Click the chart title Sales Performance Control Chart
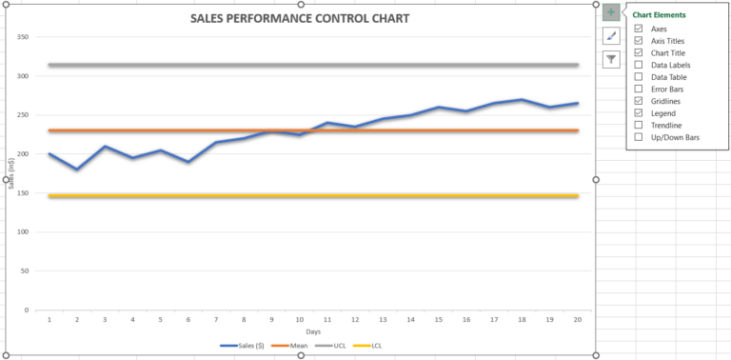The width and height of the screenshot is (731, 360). point(300,19)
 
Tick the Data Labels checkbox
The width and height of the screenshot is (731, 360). point(639,65)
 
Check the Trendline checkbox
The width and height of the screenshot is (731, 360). point(639,125)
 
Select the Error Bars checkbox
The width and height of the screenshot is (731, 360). point(639,89)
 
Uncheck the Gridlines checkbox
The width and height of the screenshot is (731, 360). point(639,101)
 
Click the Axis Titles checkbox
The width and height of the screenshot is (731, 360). point(639,41)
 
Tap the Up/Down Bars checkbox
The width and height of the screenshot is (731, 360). point(639,137)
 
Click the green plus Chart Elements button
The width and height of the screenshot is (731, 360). point(611,13)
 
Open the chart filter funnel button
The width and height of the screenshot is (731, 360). point(611,59)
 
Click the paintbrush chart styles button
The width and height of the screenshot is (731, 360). point(611,36)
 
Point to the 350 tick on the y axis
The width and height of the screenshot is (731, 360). point(24,37)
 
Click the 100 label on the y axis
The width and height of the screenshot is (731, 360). point(24,231)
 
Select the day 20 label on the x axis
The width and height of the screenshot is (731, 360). point(576,319)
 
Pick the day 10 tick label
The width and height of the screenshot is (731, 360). point(299,319)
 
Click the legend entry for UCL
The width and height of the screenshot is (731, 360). point(334,346)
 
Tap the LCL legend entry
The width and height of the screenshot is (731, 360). point(372,346)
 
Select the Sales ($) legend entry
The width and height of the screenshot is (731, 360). point(244,346)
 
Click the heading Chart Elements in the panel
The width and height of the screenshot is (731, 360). point(659,15)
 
